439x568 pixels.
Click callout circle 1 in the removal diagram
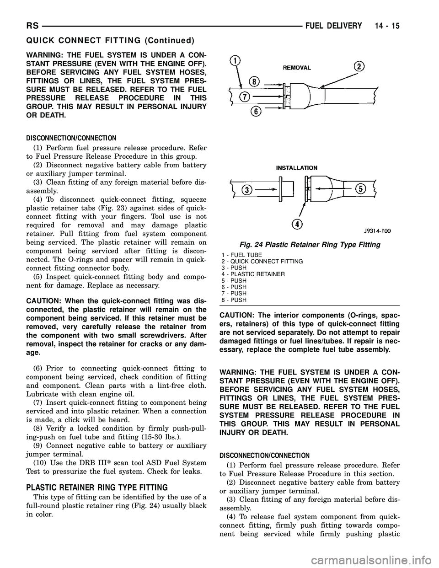[236, 60]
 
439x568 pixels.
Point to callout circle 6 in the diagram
[257, 112]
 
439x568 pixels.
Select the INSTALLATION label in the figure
[297, 168]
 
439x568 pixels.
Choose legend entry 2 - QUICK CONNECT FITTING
[261, 261]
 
